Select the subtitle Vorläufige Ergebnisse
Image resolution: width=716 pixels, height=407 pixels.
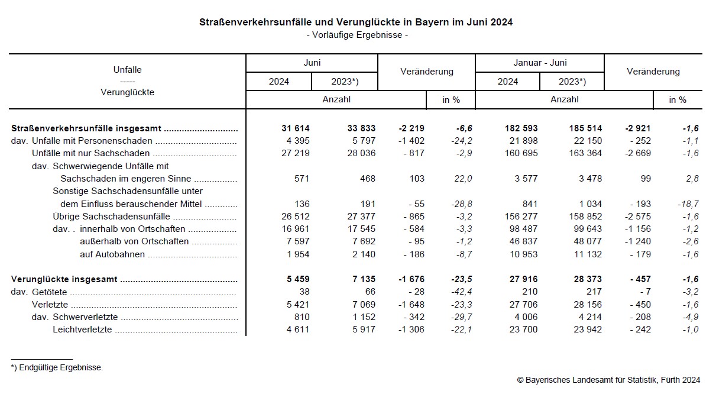(x=357, y=35)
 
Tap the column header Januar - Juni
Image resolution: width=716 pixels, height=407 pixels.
(x=540, y=63)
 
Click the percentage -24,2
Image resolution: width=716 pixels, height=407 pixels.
(x=461, y=141)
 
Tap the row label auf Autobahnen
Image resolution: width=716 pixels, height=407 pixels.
(x=112, y=254)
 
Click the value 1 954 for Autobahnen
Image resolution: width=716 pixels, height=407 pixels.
(x=294, y=254)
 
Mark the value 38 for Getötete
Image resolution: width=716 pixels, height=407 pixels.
(x=303, y=292)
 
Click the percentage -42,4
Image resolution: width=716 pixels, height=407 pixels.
(x=461, y=292)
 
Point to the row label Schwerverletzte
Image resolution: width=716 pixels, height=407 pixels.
(x=85, y=318)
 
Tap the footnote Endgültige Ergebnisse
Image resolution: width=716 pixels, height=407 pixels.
(x=60, y=368)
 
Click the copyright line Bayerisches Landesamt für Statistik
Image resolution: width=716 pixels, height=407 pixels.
(x=608, y=380)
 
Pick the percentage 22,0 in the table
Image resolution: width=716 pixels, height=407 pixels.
(x=463, y=179)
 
